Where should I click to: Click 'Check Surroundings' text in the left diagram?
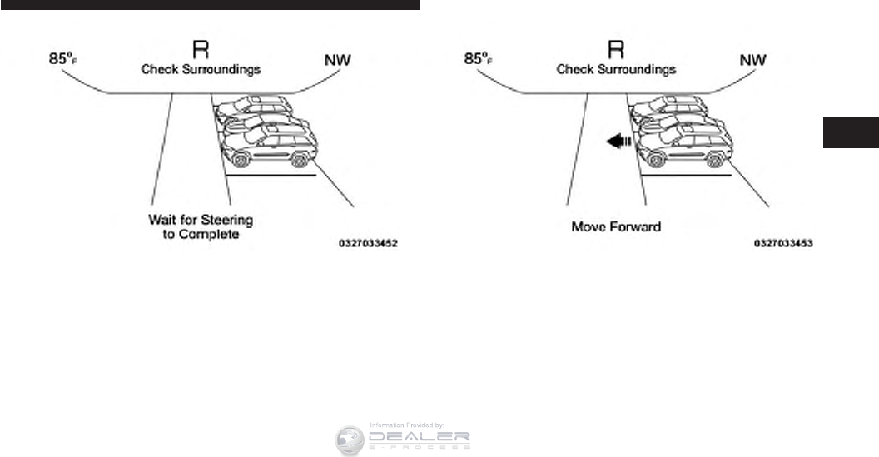coord(201,69)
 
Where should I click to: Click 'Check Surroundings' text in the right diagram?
coord(616,69)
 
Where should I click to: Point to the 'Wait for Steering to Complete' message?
coord(201,227)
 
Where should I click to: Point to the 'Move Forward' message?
coord(617,226)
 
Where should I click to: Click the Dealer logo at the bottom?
coord(403,439)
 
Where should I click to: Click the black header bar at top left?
coord(210,4)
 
